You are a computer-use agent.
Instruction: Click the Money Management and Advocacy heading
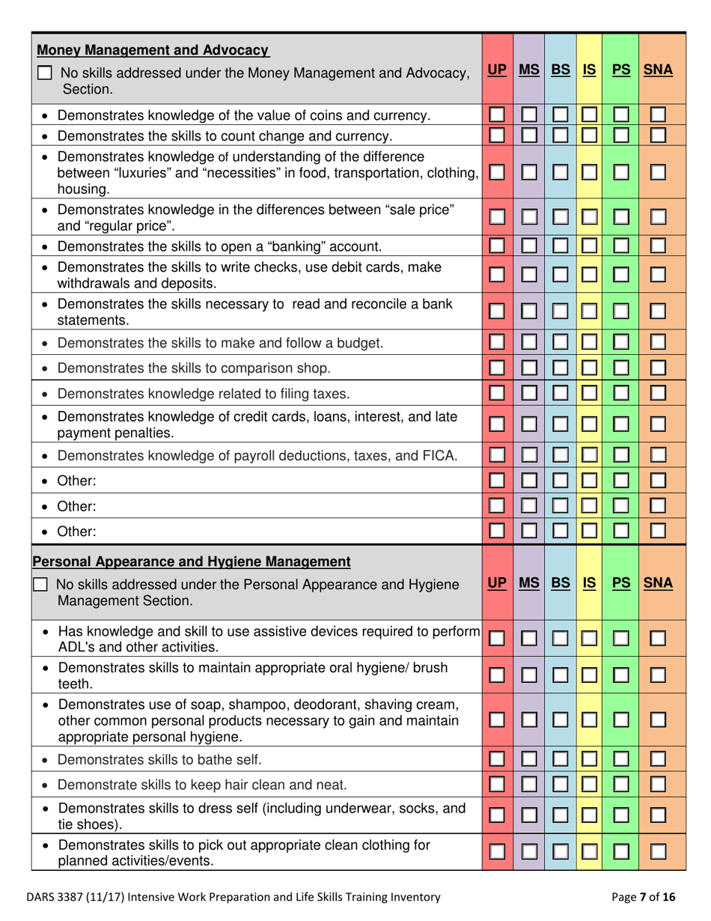pos(153,51)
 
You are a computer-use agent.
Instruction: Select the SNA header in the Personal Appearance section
pos(659,582)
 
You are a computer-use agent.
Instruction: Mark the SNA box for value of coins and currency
pos(659,116)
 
